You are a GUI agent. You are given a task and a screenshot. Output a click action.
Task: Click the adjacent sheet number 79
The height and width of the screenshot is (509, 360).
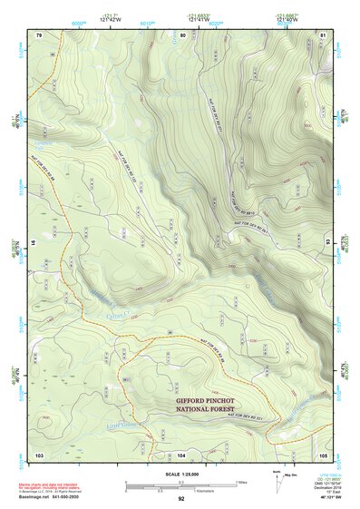click(x=39, y=34)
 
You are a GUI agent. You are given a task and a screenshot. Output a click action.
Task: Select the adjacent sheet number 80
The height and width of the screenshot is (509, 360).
click(x=182, y=34)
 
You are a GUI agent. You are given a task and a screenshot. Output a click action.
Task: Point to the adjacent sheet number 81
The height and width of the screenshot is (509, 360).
click(x=323, y=34)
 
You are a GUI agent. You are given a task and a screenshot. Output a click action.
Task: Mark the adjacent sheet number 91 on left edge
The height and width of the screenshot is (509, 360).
click(x=34, y=243)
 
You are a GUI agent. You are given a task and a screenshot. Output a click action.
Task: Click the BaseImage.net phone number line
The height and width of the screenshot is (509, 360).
click(x=48, y=497)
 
